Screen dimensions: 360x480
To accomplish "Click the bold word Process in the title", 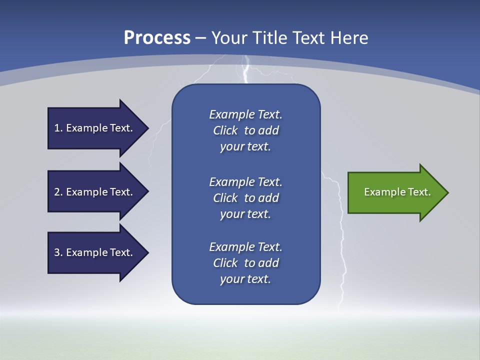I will point(157,38).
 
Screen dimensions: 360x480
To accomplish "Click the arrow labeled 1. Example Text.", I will point(95,128).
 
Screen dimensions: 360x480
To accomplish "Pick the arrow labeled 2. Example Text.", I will point(95,192).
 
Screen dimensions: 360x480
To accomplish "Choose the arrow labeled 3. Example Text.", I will point(95,252).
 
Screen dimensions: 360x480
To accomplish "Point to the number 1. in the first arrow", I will point(58,128).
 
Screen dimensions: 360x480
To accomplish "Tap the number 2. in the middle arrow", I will point(58,192).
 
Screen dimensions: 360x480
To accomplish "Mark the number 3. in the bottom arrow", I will point(58,252).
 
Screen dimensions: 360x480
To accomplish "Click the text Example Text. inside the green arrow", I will point(397,192).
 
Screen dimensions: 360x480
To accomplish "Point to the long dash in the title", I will point(201,38).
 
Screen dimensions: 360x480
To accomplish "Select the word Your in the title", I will point(228,38).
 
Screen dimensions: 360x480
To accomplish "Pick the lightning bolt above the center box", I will point(245,70).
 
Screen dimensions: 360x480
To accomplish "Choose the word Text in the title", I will point(308,38).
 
